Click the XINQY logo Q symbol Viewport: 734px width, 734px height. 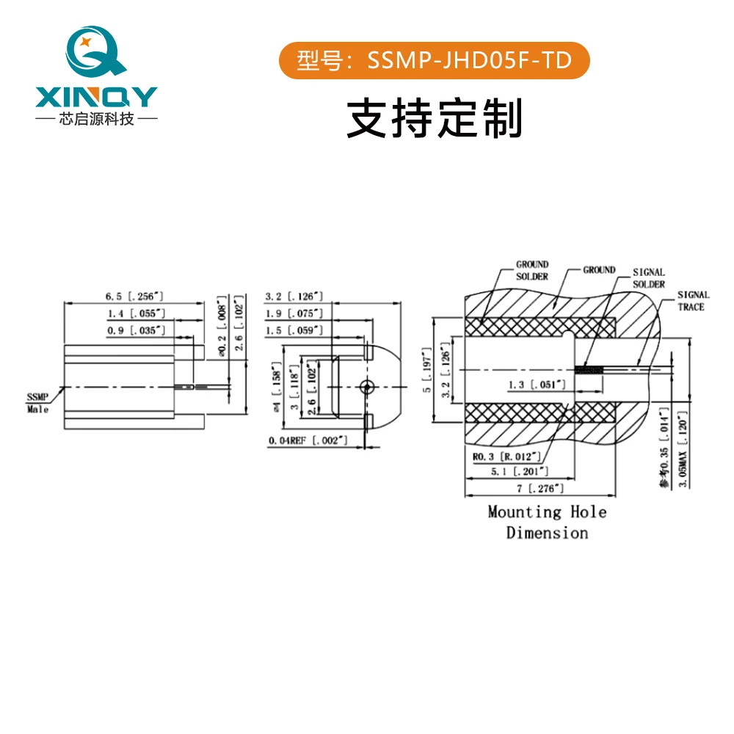(x=95, y=53)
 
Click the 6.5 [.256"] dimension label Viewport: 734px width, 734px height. (x=134, y=297)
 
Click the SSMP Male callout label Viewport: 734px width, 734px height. (x=37, y=403)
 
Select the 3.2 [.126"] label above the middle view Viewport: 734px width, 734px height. (x=294, y=297)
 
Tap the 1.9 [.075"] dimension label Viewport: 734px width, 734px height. (x=294, y=313)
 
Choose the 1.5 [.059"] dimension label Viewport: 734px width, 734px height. (x=294, y=330)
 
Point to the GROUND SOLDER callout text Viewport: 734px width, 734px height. (x=531, y=270)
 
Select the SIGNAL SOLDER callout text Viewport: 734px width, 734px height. (x=649, y=278)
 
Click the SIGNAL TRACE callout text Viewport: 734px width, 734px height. (x=693, y=301)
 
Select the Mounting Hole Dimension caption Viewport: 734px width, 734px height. (x=547, y=522)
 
